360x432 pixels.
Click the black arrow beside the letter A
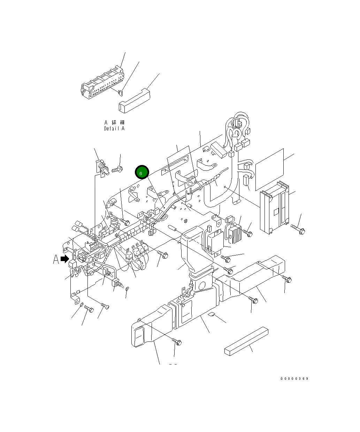click(x=65, y=259)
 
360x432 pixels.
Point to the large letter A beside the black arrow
click(x=56, y=259)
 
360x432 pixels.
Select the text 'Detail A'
click(x=114, y=128)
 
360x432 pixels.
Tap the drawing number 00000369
click(x=294, y=379)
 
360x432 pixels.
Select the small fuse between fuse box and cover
click(x=120, y=93)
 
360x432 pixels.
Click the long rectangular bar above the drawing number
click(x=246, y=341)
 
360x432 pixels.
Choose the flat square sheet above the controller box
click(x=269, y=170)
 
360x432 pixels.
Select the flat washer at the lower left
click(x=81, y=305)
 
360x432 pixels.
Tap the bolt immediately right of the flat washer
click(x=89, y=309)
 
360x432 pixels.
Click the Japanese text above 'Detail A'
click(x=114, y=123)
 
